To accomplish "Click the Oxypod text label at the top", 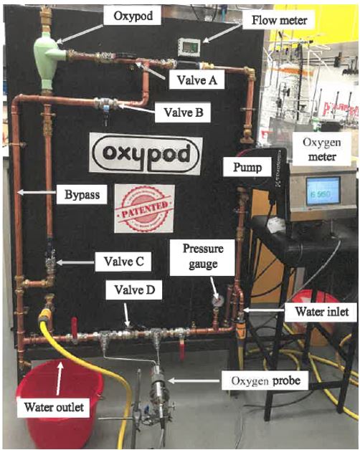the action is pyautogui.click(x=133, y=16).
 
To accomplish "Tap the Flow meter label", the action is pyautogui.click(x=279, y=20).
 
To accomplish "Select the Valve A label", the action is pyautogui.click(x=196, y=80).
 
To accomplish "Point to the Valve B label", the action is pyautogui.click(x=184, y=112).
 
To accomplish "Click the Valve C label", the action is pyautogui.click(x=123, y=261).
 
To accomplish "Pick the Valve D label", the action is pyautogui.click(x=134, y=290).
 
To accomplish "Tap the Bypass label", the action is pyautogui.click(x=82, y=195).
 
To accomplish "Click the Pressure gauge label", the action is pyautogui.click(x=203, y=257).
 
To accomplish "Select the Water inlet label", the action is pyautogui.click(x=322, y=312).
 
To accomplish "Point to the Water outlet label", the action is pyautogui.click(x=54, y=407).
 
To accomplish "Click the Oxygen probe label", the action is pyautogui.click(x=266, y=380).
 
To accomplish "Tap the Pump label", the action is pyautogui.click(x=247, y=167).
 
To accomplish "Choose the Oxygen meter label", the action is pyautogui.click(x=322, y=149).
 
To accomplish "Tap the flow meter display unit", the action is pyautogui.click(x=189, y=47).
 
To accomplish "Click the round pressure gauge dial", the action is pyautogui.click(x=217, y=300).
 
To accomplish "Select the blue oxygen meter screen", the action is pyautogui.click(x=323, y=191).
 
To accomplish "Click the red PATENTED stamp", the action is pyautogui.click(x=145, y=209).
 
